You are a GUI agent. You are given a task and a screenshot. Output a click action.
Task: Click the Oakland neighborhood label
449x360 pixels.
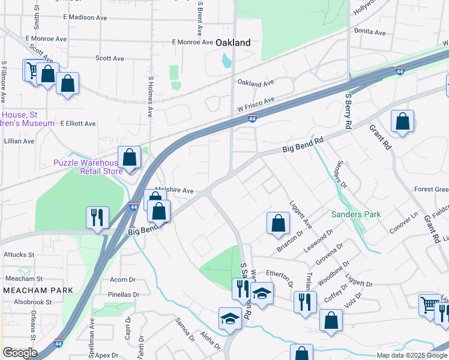tap(232, 43)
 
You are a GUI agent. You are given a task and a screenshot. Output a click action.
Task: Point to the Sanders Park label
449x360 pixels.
tap(356, 214)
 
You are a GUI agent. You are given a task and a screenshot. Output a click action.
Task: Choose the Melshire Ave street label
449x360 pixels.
tap(174, 190)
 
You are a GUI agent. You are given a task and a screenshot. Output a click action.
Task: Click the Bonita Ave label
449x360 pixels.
tap(370, 31)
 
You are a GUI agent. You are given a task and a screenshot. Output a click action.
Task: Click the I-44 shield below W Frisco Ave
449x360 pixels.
tap(253, 119)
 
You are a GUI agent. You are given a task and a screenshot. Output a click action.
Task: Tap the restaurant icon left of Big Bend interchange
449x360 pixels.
tap(97, 217)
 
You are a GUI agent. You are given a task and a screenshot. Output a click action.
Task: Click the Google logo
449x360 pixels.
tap(19, 353)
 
